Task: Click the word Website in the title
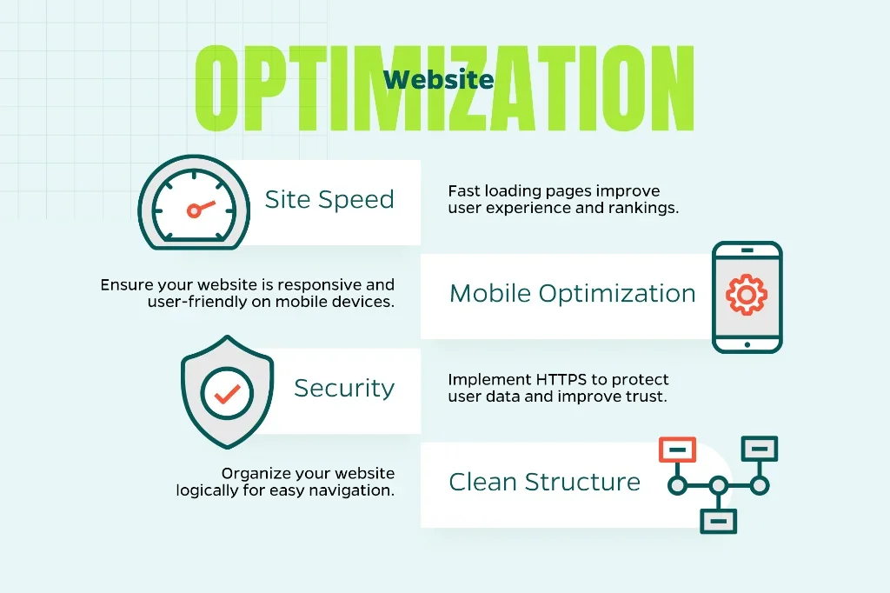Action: coord(438,79)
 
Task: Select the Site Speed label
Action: coord(329,199)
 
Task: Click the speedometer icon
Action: coord(194,203)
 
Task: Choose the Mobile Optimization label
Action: coord(572,294)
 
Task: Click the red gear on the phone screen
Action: coord(747,295)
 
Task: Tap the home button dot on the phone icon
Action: coord(747,345)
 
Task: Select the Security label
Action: coord(344,389)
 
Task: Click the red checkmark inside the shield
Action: coord(227,393)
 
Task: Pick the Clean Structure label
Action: coord(544,482)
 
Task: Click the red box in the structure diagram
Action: coord(677,450)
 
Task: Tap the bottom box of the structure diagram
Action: coord(719,521)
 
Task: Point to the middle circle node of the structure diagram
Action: coord(719,486)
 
